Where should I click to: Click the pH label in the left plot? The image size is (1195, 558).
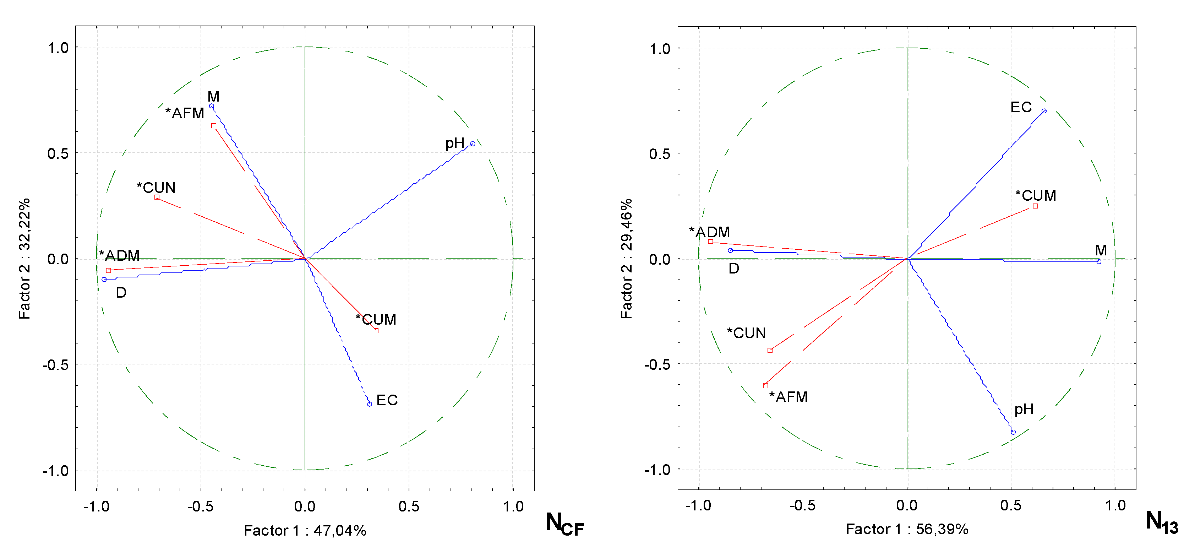pos(455,143)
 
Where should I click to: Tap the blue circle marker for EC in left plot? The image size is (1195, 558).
pos(370,404)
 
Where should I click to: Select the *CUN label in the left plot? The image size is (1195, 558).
pos(156,188)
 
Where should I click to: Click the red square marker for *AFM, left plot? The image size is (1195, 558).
pos(214,126)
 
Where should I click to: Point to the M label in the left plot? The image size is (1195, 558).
pos(213,96)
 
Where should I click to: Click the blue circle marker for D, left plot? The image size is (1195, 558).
pos(104,280)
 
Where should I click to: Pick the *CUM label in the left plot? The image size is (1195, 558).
pos(376,319)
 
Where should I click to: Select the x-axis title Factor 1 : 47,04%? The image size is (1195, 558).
pos(305,530)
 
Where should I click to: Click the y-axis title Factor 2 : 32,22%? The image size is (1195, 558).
pos(24,259)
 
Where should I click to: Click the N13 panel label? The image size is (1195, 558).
pos(1161,522)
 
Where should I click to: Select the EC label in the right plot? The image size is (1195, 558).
pos(1021,107)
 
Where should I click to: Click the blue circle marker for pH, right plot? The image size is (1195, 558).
pos(1013,432)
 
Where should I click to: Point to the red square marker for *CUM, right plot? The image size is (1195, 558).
pos(1035,206)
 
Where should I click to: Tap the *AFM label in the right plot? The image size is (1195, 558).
pos(788,397)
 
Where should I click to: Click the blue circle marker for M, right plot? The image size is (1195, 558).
pos(1098,261)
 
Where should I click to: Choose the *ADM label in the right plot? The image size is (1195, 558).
pos(709,232)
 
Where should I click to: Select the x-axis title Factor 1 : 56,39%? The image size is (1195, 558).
pos(907,529)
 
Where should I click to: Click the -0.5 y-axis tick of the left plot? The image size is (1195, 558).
pos(55,365)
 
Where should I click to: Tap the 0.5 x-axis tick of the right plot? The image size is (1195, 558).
pos(1011,505)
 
